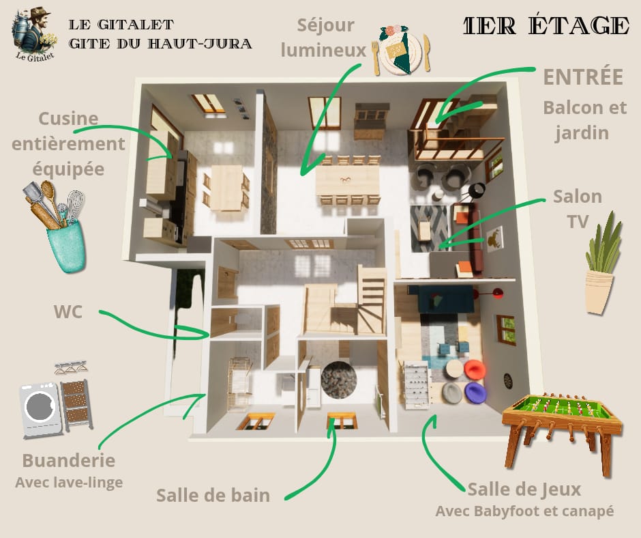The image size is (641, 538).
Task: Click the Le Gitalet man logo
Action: click(34, 34)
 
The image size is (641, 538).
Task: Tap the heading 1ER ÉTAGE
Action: click(546, 26)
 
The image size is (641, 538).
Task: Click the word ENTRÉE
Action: click(583, 77)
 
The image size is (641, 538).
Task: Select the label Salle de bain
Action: click(213, 496)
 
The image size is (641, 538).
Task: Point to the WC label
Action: click(68, 312)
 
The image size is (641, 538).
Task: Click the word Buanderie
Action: click(69, 460)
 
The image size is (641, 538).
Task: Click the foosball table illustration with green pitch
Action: click(562, 433)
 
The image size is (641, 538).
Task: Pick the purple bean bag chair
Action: click(475, 393)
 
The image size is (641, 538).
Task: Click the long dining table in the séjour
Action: click(348, 180)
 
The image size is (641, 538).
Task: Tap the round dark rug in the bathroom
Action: click(338, 380)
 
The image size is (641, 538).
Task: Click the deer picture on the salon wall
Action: click(494, 239)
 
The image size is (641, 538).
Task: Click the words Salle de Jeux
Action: click(524, 490)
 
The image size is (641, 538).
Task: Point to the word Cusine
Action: click(68, 119)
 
